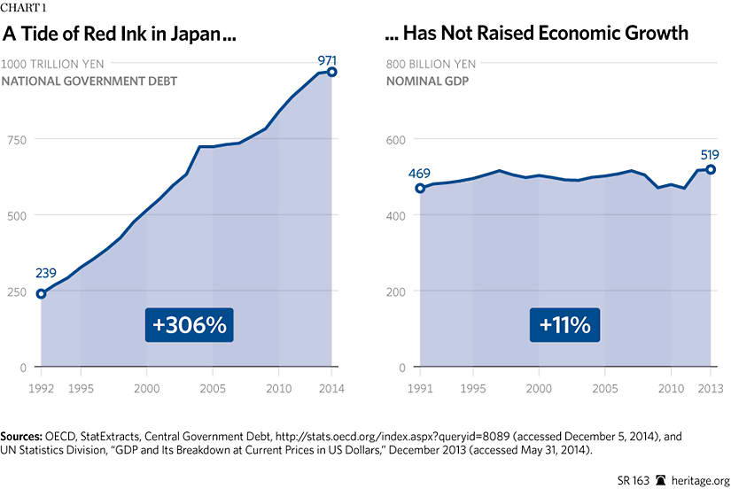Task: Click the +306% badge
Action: (190, 325)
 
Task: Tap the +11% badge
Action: (565, 325)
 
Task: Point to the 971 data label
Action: (328, 60)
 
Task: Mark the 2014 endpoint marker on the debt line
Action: (332, 72)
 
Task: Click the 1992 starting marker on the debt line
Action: (41, 293)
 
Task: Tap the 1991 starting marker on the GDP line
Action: (420, 188)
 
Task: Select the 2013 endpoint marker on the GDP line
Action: (711, 169)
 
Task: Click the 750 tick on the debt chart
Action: (16, 140)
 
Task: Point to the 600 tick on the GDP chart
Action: (396, 140)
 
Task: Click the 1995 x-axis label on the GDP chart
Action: (473, 389)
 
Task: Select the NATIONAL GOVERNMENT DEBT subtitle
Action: (89, 81)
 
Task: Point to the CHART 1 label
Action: (24, 9)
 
